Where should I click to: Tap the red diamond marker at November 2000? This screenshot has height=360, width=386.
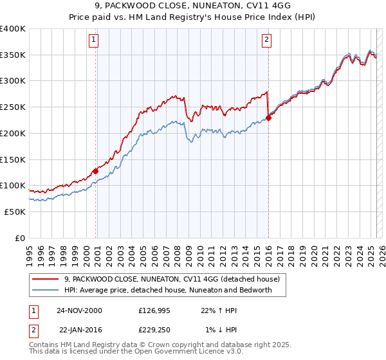[x=95, y=171]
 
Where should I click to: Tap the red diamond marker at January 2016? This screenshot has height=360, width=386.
[x=269, y=118]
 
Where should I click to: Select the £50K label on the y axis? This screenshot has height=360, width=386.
[x=15, y=212]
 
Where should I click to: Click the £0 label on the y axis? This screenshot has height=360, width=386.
[x=21, y=238]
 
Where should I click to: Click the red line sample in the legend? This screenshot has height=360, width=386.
[x=45, y=280]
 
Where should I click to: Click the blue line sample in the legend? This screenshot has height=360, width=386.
[x=45, y=290]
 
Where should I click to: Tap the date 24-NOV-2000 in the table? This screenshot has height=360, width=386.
[x=79, y=310]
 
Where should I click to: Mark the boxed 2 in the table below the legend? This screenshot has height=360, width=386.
[x=33, y=330]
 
